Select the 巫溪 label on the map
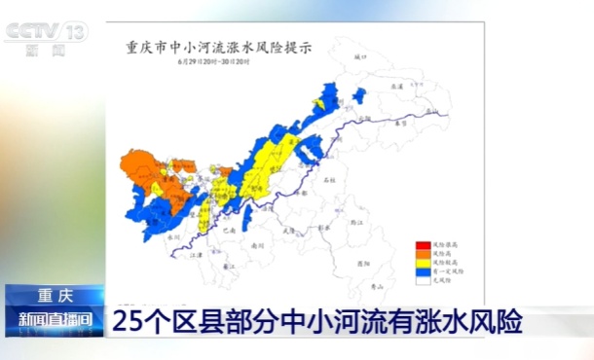(x=395, y=87)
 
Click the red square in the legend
(x=421, y=244)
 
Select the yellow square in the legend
(x=421, y=262)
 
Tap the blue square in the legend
(x=421, y=270)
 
